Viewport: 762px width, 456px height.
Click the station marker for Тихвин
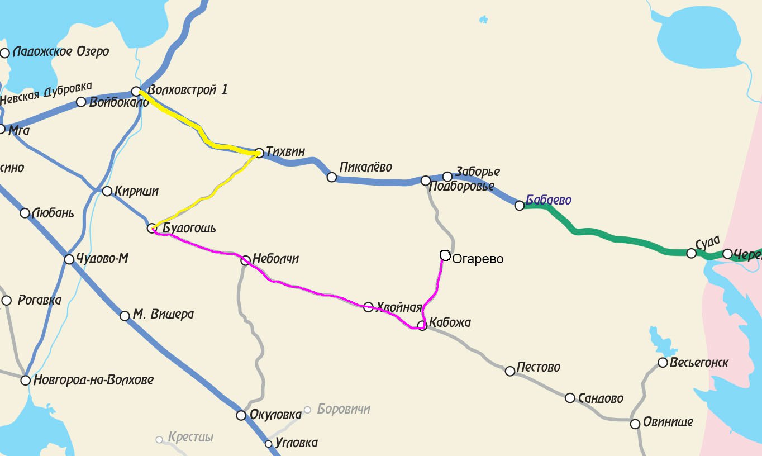[259, 153]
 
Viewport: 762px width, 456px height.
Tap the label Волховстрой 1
[187, 90]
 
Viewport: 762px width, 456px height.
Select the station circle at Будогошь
[151, 228]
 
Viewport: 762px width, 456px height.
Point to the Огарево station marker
[445, 255]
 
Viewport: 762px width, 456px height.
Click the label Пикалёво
[366, 167]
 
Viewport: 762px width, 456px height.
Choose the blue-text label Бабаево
[549, 200]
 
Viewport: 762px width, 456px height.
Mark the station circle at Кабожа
[422, 326]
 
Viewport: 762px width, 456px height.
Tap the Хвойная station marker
[368, 307]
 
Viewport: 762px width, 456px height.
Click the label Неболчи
[275, 259]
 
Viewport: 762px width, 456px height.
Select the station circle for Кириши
[107, 191]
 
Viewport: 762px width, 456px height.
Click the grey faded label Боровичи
[344, 409]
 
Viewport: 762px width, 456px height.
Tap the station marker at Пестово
[510, 371]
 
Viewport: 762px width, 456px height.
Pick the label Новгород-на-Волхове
[93, 380]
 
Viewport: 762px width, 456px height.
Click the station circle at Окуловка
[241, 415]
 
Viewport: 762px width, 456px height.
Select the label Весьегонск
[699, 363]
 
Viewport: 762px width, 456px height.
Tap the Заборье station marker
[447, 177]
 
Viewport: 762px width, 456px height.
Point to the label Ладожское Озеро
[60, 52]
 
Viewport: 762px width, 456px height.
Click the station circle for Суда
[692, 253]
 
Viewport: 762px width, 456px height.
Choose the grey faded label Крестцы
[190, 437]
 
